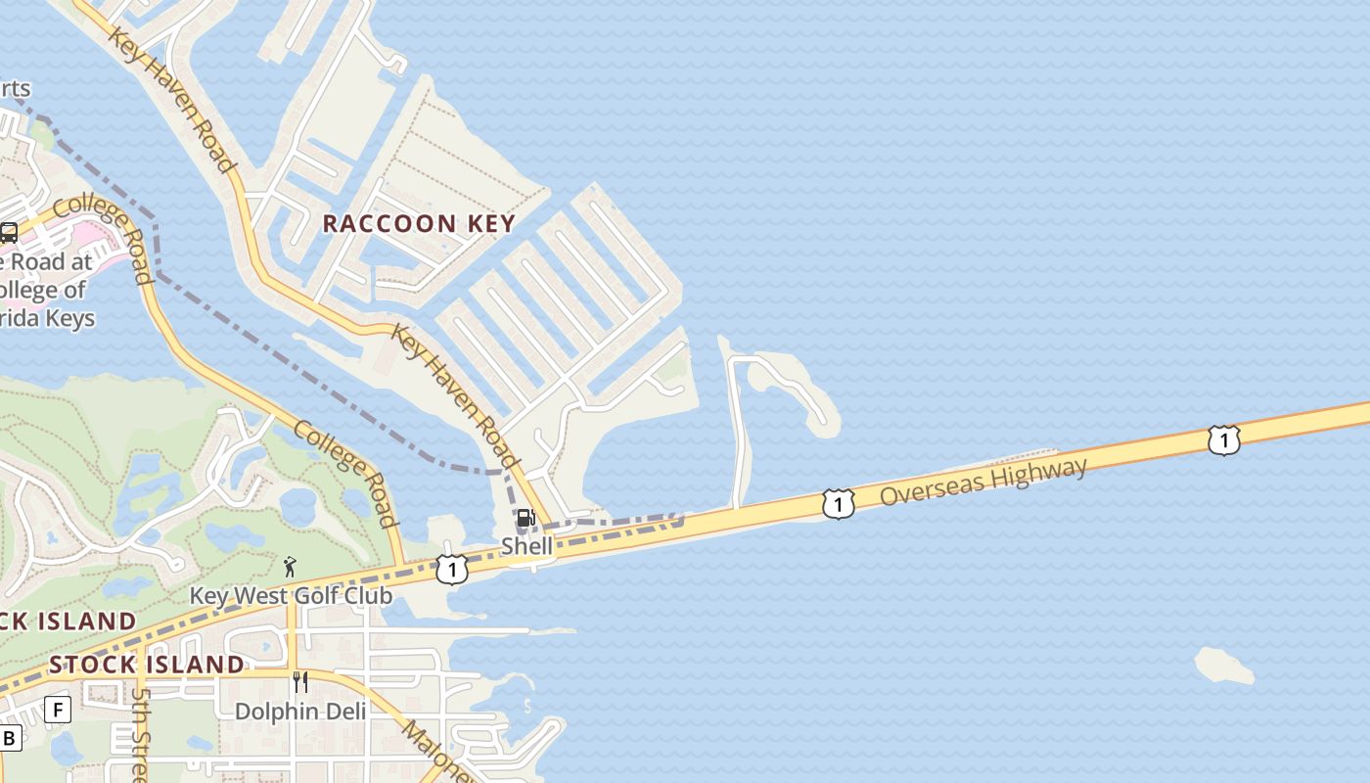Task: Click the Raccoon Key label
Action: pos(419,223)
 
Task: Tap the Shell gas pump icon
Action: pos(525,518)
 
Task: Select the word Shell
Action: pos(526,545)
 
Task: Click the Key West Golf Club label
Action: pos(291,595)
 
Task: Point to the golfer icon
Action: pos(290,566)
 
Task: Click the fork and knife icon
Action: pos(300,681)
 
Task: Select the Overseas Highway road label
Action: pos(982,481)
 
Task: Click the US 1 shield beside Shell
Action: pos(451,569)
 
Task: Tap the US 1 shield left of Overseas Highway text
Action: pos(839,503)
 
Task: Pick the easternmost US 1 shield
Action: pos(1223,439)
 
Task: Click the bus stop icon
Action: pos(9,232)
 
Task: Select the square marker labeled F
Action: pos(58,709)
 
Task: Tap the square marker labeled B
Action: pos(10,738)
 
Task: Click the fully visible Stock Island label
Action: pos(147,665)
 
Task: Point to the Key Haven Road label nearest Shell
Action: pos(455,395)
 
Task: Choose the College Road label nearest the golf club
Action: pos(346,474)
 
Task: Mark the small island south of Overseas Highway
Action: pos(1223,666)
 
